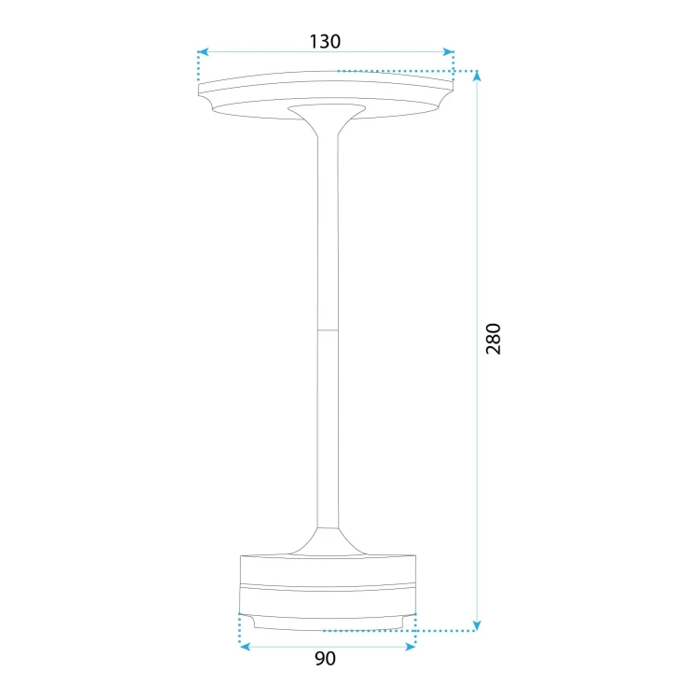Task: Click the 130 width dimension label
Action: click(325, 41)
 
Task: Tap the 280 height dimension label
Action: click(494, 339)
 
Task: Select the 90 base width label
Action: click(325, 659)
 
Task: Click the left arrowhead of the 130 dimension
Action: click(203, 51)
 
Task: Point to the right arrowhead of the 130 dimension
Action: click(448, 51)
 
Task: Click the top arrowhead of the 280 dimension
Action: click(477, 77)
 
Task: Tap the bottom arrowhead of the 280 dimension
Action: click(477, 625)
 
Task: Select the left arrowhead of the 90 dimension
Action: click(245, 647)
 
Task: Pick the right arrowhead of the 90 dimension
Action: click(410, 647)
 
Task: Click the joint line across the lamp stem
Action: click(328, 330)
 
